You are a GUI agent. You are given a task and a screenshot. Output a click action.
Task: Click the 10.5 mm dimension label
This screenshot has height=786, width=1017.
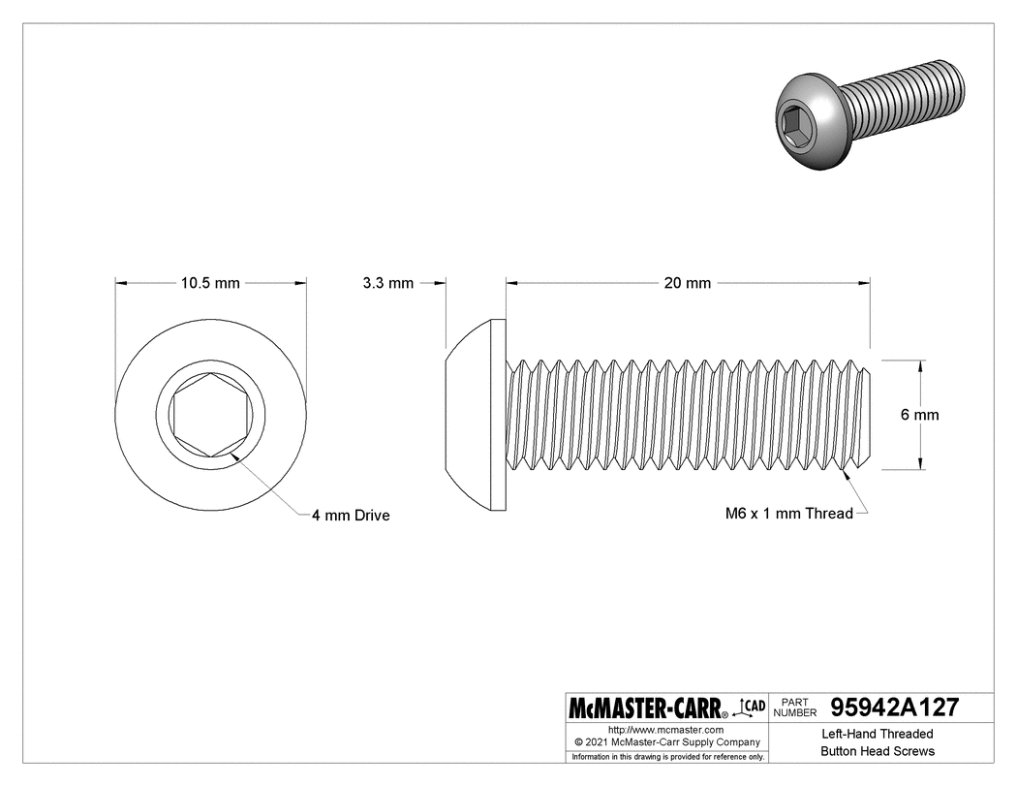pyautogui.click(x=210, y=283)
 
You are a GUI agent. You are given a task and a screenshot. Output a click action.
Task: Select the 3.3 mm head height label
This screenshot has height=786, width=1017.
pyautogui.click(x=387, y=283)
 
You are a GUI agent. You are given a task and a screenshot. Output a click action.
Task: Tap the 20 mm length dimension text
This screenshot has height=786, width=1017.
pyautogui.click(x=687, y=283)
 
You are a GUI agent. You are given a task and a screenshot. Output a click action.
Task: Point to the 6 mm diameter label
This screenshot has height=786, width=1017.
pyautogui.click(x=919, y=415)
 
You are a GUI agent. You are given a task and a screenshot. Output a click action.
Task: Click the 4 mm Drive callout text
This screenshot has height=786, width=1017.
pyautogui.click(x=350, y=516)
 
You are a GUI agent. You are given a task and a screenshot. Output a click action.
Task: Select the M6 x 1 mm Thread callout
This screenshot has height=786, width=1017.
pyautogui.click(x=788, y=514)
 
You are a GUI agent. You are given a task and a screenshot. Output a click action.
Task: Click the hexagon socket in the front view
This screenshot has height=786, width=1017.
pyautogui.click(x=211, y=415)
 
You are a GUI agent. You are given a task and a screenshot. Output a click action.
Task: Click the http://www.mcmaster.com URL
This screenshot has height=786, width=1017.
pyautogui.click(x=665, y=729)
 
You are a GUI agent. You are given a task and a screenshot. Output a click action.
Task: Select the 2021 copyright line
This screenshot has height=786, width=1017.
pyautogui.click(x=665, y=741)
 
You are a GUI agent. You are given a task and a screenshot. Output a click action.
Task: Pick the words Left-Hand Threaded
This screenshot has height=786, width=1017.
pyautogui.click(x=878, y=734)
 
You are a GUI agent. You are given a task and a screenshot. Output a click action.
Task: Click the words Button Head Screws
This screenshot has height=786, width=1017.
pyautogui.click(x=878, y=751)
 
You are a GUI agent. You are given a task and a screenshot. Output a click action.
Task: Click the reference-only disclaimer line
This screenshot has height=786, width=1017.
pyautogui.click(x=668, y=756)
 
